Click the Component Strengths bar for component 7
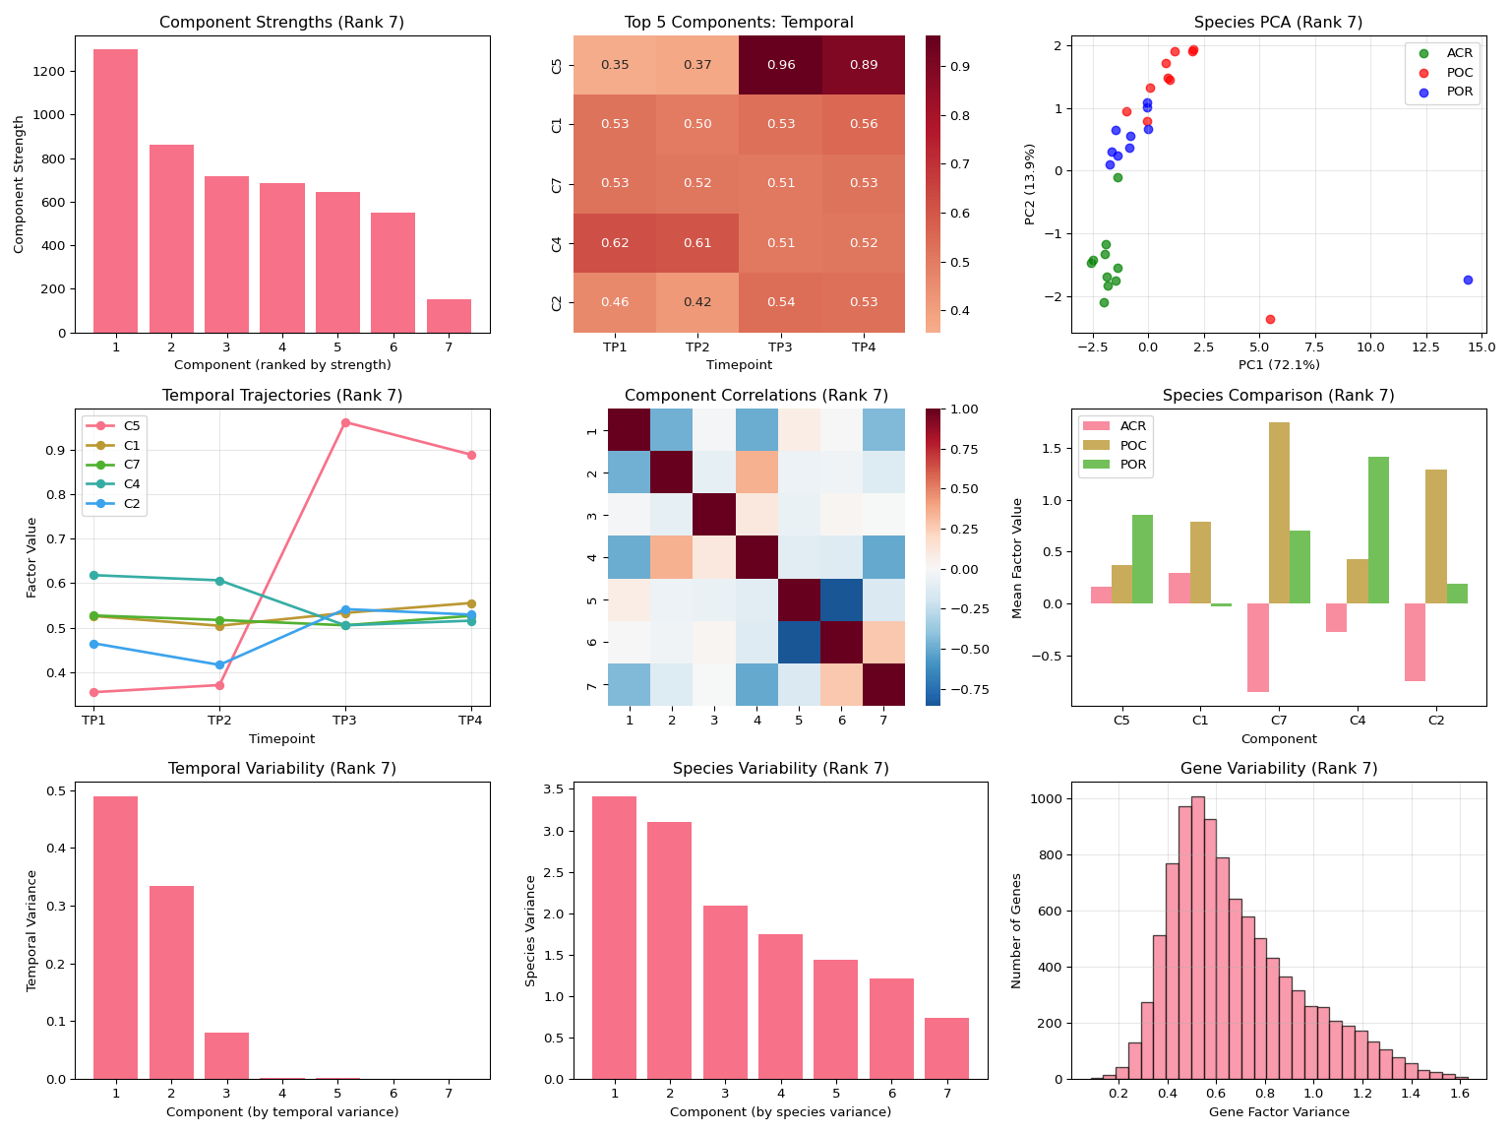pyautogui.click(x=449, y=316)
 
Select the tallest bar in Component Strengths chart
pyautogui.click(x=115, y=191)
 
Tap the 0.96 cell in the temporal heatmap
pyautogui.click(x=780, y=65)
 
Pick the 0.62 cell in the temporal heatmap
pyautogui.click(x=615, y=243)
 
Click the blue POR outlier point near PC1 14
pyautogui.click(x=1468, y=280)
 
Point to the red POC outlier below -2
pyautogui.click(x=1270, y=319)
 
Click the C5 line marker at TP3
pyautogui.click(x=345, y=422)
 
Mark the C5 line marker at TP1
pyautogui.click(x=93, y=692)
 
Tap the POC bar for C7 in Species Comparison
pyautogui.click(x=1279, y=513)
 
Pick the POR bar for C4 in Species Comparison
pyautogui.click(x=1378, y=530)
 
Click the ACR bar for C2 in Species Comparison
pyautogui.click(x=1415, y=642)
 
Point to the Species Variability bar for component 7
pyautogui.click(x=946, y=1048)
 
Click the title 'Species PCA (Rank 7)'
pyautogui.click(x=1278, y=23)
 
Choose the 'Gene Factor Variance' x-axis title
pyautogui.click(x=1279, y=1112)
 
